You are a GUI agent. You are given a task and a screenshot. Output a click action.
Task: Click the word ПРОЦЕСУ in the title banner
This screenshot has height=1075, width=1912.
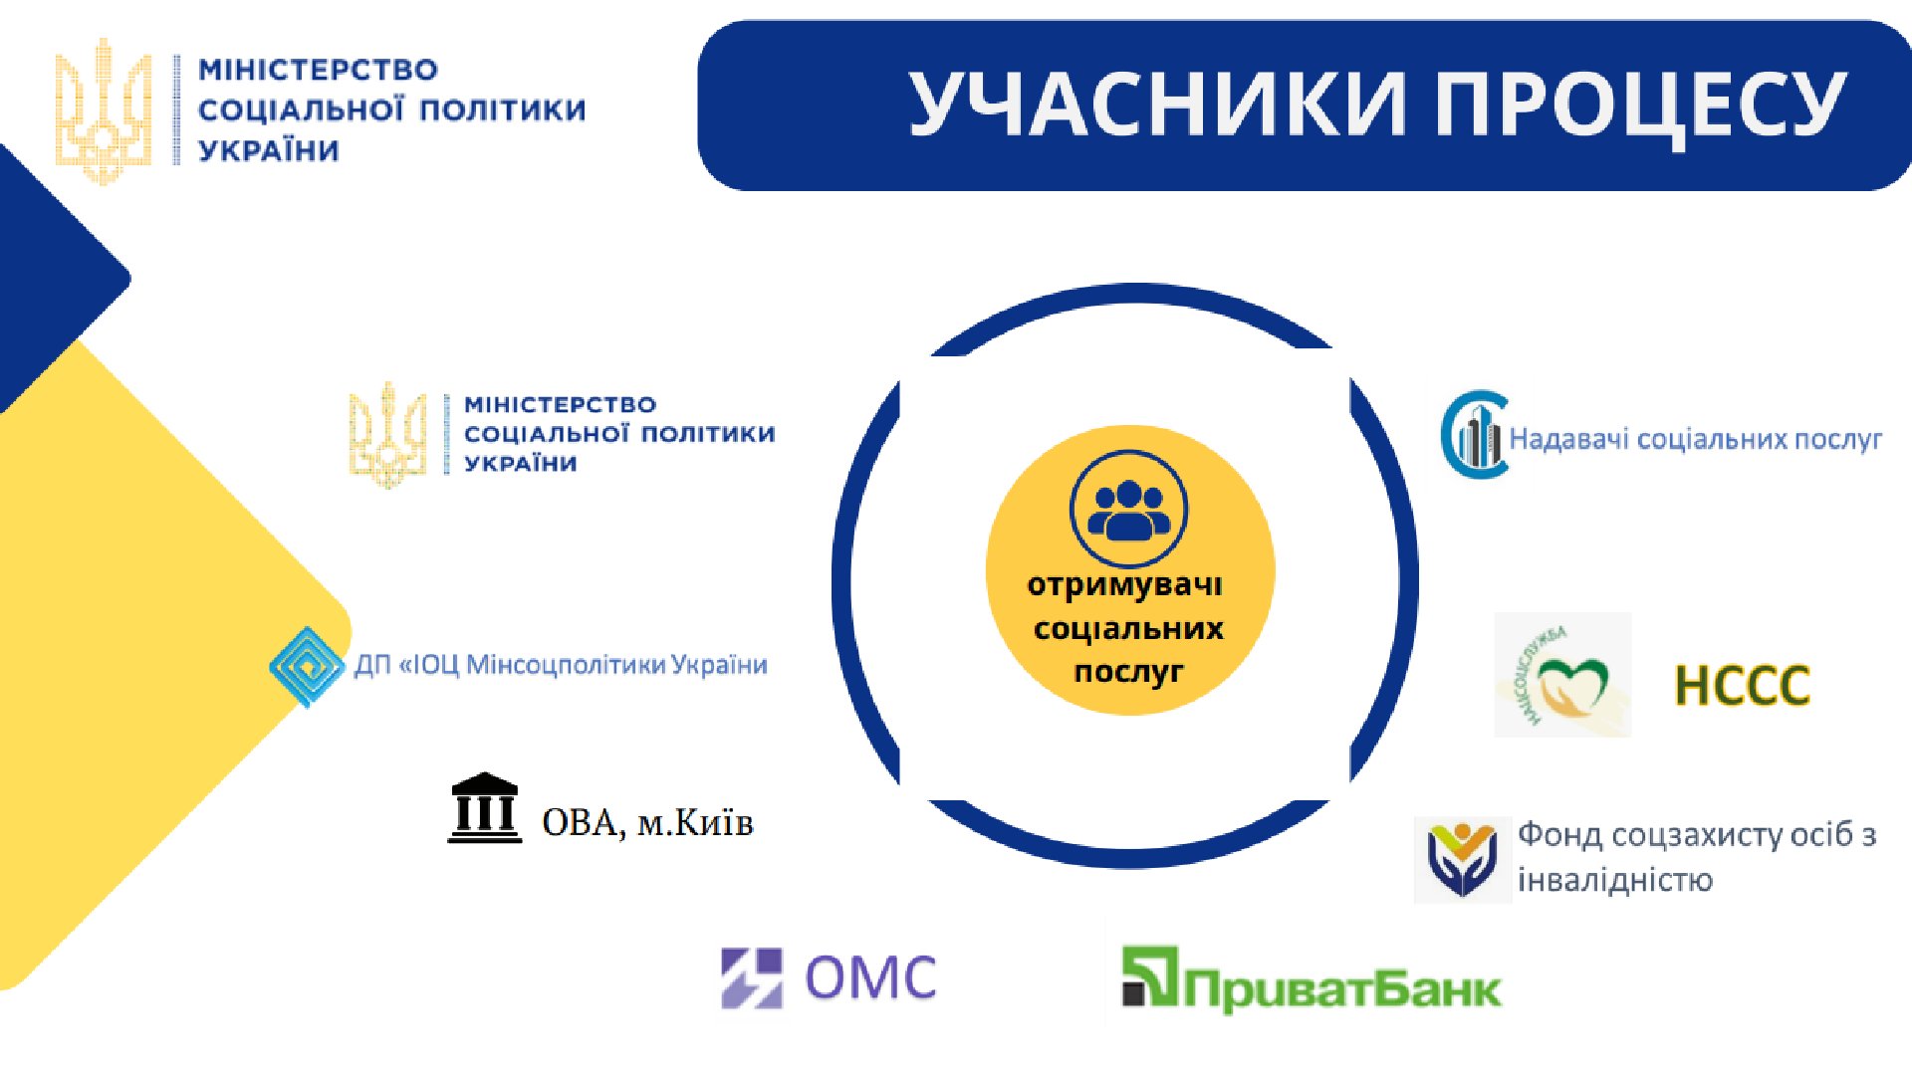click(1640, 104)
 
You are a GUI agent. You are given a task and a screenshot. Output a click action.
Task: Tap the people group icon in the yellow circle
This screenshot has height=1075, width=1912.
click(1128, 510)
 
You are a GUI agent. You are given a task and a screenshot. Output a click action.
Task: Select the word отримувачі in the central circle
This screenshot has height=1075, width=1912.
click(1124, 585)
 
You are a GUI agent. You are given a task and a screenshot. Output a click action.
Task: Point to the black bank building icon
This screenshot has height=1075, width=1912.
click(484, 808)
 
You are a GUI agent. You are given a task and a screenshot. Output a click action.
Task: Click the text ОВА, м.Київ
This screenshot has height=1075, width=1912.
click(647, 823)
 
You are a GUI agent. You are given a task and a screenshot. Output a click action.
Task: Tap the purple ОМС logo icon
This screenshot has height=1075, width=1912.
click(752, 977)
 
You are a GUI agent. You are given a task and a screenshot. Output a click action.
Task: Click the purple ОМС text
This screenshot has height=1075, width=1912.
click(871, 977)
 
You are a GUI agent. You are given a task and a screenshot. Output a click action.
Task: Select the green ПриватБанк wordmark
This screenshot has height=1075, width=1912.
click(1342, 989)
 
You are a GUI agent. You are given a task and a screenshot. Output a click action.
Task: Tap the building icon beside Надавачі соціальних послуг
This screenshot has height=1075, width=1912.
click(1475, 435)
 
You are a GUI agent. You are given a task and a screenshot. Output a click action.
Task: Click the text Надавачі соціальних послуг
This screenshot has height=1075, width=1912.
click(1695, 439)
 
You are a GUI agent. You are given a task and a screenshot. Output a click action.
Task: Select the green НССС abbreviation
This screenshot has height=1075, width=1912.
click(1742, 686)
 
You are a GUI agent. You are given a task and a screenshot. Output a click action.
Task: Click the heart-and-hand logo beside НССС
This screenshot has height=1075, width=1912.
click(1562, 675)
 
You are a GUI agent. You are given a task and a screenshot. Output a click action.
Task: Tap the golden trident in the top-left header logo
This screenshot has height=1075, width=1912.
click(104, 110)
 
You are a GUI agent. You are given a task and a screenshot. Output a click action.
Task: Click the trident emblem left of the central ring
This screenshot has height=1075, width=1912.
click(387, 435)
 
